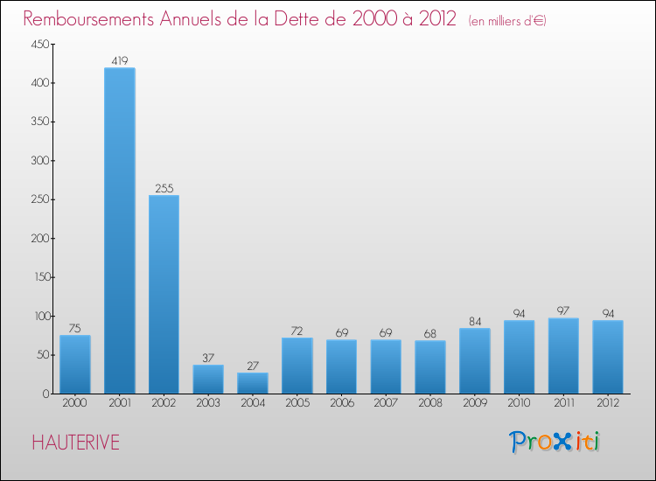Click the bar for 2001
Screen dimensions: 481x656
pyautogui.click(x=120, y=231)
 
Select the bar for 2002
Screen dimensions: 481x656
pyautogui.click(x=164, y=294)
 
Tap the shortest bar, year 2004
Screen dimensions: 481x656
pyautogui.click(x=253, y=383)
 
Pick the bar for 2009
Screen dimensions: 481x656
pyautogui.click(x=474, y=360)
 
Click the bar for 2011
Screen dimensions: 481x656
pyautogui.click(x=563, y=355)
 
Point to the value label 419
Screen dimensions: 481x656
pyautogui.click(x=120, y=61)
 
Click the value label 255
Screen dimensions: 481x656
pyautogui.click(x=164, y=188)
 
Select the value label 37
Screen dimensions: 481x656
pyautogui.click(x=208, y=358)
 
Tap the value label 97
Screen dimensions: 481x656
pyautogui.click(x=563, y=311)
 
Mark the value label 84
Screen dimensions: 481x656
pyautogui.click(x=474, y=321)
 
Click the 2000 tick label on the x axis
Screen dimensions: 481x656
pyautogui.click(x=75, y=403)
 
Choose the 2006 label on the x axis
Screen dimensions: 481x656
pyautogui.click(x=341, y=403)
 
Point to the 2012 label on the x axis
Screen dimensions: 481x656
pyautogui.click(x=608, y=403)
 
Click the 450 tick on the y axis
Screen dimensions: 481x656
pyautogui.click(x=38, y=45)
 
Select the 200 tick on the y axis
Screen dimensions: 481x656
pyautogui.click(x=38, y=239)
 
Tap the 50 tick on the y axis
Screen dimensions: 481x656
pyautogui.click(x=41, y=355)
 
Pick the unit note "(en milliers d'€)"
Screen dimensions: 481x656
pyautogui.click(x=507, y=20)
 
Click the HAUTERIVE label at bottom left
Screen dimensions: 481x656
pyautogui.click(x=75, y=443)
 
